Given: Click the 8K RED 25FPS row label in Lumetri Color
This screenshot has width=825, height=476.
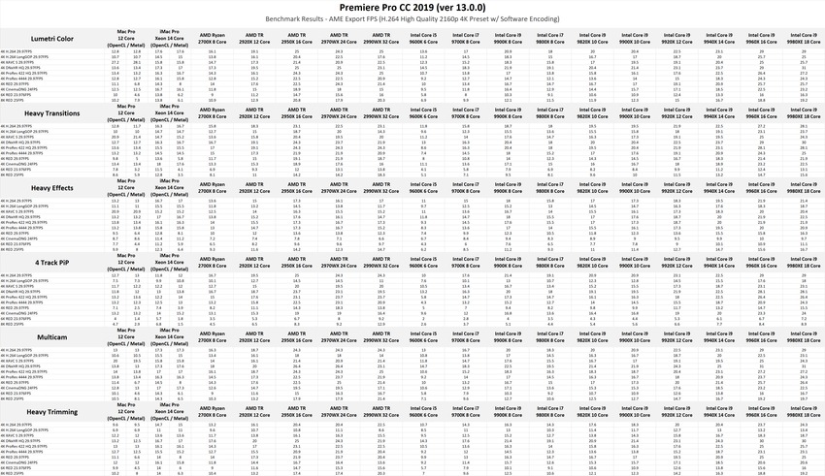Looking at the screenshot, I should coord(16,99).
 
